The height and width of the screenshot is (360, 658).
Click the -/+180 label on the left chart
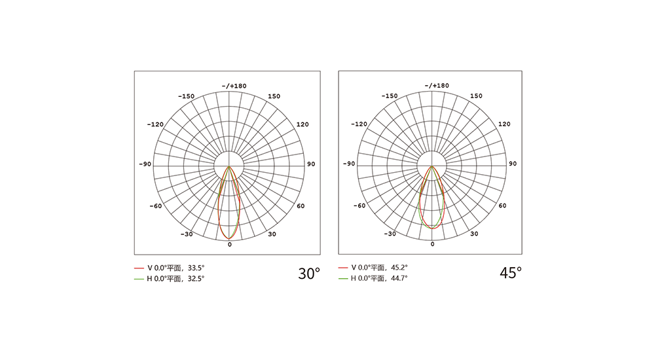234,86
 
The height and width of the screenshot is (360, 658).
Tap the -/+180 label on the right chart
437,86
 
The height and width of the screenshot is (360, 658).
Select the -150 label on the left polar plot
187,96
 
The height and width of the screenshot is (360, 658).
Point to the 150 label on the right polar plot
476,96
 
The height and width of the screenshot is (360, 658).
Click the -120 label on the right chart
359,124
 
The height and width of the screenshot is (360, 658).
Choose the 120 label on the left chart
302,124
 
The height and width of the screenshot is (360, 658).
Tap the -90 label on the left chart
145,164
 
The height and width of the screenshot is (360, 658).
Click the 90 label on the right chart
513,164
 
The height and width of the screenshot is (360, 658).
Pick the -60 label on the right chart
359,206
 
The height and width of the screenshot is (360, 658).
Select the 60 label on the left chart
301,206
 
